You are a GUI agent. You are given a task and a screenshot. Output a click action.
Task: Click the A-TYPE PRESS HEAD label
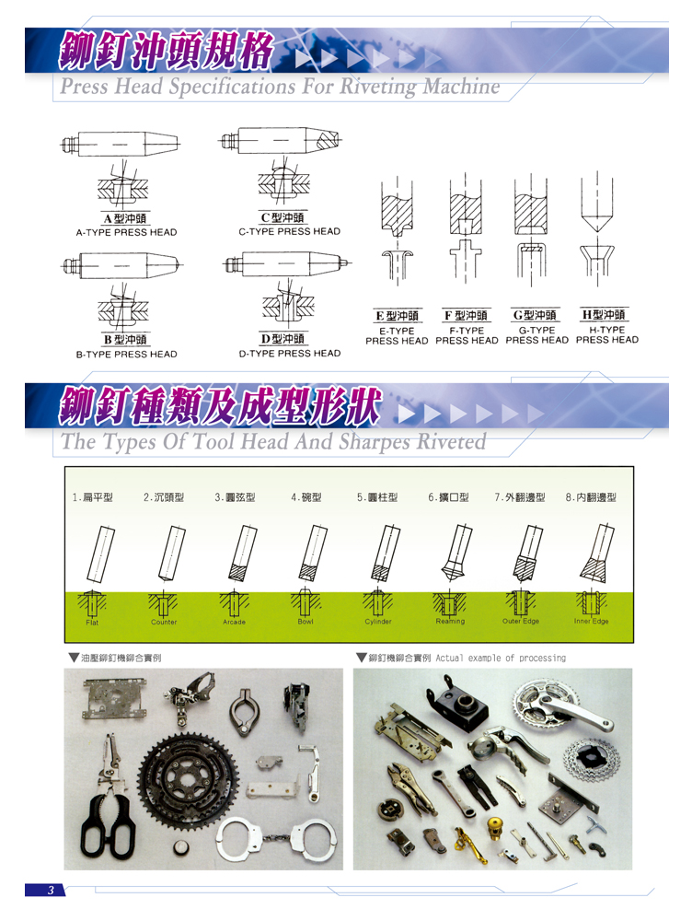pyautogui.click(x=126, y=233)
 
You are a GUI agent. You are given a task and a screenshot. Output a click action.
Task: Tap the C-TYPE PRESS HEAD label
pyautogui.click(x=289, y=231)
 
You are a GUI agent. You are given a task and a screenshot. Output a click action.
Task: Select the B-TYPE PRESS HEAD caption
pyautogui.click(x=126, y=355)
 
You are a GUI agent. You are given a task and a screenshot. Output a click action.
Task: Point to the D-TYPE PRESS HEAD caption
pyautogui.click(x=289, y=353)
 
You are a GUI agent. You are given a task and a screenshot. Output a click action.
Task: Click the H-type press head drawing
pyautogui.click(x=597, y=229)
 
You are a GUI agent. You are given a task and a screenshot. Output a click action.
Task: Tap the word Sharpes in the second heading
pyautogui.click(x=375, y=442)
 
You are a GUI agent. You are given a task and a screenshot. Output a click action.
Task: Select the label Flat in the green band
pyautogui.click(x=92, y=623)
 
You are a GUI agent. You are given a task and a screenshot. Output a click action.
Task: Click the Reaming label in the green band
pyautogui.click(x=450, y=621)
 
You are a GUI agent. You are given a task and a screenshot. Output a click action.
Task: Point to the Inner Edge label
pyautogui.click(x=591, y=621)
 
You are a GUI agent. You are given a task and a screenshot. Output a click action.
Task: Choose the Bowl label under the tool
pyautogui.click(x=306, y=622)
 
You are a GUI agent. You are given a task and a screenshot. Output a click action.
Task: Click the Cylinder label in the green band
pyautogui.click(x=378, y=622)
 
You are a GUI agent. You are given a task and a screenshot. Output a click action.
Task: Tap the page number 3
pyautogui.click(x=51, y=890)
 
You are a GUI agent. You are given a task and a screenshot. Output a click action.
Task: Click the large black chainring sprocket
pyautogui.click(x=189, y=781)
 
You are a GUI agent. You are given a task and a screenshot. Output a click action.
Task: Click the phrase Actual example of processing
pyautogui.click(x=501, y=658)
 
